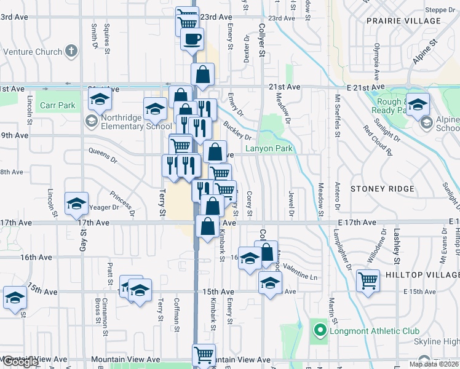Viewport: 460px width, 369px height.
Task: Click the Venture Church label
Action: click(31, 52)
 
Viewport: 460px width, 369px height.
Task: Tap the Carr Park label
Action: click(57, 105)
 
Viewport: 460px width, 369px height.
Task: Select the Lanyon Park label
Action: click(269, 148)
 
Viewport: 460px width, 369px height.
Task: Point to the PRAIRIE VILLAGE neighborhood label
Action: click(403, 21)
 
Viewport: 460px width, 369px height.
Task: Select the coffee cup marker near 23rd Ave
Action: click(192, 39)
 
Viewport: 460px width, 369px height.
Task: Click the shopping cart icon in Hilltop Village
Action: click(368, 280)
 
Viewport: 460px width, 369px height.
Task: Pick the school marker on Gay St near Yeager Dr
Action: click(76, 203)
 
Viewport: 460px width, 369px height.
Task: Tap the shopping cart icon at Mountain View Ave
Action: click(204, 355)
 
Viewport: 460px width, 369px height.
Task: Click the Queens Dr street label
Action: click(102, 156)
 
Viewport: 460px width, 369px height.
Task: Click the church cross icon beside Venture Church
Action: click(71, 51)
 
